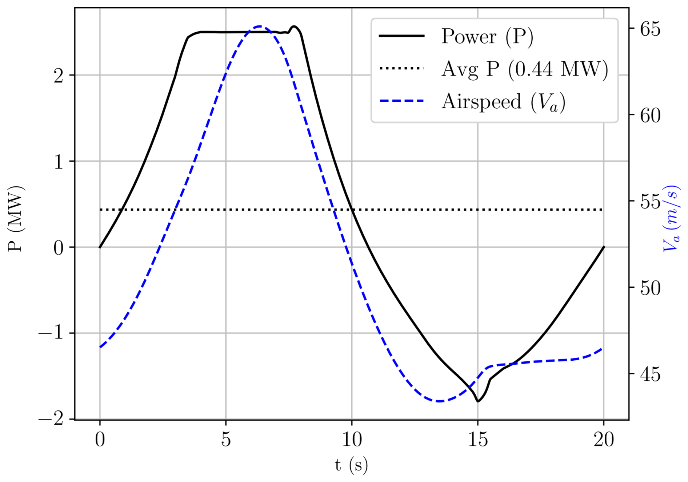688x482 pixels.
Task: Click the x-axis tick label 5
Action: (x=226, y=440)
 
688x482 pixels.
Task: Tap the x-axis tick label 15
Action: (x=478, y=440)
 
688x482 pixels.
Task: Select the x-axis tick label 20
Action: (x=604, y=440)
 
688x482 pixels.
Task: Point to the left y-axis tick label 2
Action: (x=59, y=76)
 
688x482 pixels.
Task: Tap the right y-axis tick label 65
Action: (x=650, y=29)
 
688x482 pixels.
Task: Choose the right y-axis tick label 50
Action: (x=650, y=288)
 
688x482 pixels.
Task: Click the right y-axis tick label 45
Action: (x=650, y=374)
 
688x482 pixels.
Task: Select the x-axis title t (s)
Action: (x=351, y=465)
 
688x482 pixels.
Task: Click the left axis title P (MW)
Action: (x=16, y=219)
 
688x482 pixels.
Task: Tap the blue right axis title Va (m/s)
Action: (x=671, y=219)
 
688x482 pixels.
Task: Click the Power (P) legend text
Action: (x=487, y=37)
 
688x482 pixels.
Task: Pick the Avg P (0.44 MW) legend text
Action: (x=525, y=69)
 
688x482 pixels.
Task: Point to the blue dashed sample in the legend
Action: (x=401, y=101)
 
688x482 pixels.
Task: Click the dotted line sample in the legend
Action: (x=401, y=68)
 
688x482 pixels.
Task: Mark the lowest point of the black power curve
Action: (x=478, y=401)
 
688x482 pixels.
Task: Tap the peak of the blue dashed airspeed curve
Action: (x=260, y=26)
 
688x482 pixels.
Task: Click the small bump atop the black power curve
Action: (x=294, y=27)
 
